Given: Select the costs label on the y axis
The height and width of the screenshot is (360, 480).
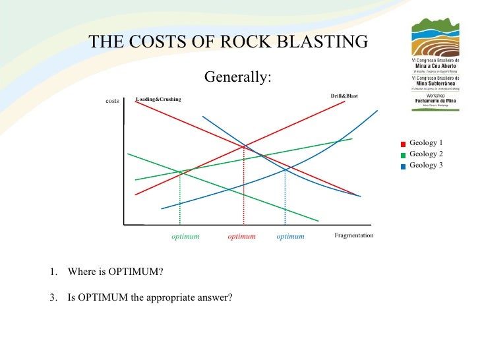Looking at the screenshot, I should point(112,101).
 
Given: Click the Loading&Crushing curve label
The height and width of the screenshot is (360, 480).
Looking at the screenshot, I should point(158,100).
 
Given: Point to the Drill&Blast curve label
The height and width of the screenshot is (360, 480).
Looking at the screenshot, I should point(344,96).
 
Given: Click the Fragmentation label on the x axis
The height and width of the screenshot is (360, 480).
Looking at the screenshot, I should point(354,235).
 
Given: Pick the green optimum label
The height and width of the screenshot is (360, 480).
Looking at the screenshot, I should point(185,236).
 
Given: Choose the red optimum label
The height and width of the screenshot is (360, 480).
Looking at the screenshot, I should point(241,236).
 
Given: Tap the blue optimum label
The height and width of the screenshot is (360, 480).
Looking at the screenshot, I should point(291,236).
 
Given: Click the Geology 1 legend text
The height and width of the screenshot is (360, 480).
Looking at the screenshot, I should point(426,142).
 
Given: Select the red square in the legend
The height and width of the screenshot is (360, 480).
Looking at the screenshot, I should point(403,144).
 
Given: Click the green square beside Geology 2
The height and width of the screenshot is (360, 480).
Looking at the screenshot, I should point(403,155).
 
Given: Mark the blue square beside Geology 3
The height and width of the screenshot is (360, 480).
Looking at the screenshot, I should point(403,166).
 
